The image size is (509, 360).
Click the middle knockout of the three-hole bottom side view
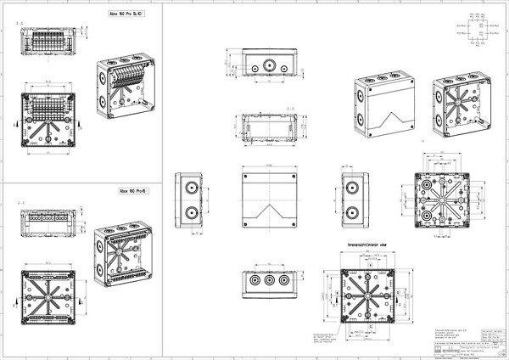click(x=271, y=279)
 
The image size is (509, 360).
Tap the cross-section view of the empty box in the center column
click(x=271, y=127)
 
